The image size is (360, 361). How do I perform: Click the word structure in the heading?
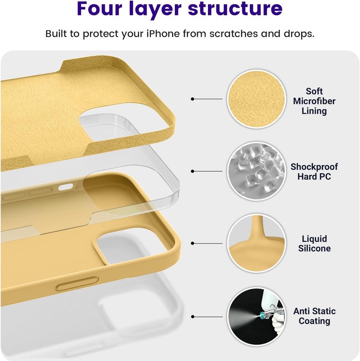click(235, 9)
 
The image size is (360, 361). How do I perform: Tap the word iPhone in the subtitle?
click(163, 34)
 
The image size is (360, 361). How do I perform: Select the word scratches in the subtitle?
click(234, 34)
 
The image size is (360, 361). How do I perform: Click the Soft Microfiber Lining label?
click(314, 101)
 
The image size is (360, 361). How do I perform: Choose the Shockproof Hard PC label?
click(314, 172)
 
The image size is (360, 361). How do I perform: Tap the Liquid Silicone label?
click(315, 243)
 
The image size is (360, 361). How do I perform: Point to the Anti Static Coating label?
click(315, 316)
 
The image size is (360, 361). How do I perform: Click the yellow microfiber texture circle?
click(256, 99)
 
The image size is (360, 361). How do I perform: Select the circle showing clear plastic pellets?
click(256, 171)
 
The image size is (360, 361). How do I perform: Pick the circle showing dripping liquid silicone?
click(256, 243)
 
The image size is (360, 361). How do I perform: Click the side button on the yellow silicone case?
click(77, 283)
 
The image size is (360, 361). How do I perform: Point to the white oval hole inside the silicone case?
click(65, 187)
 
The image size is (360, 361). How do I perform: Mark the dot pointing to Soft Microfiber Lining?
click(193, 99)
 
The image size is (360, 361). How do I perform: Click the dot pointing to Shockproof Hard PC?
click(193, 171)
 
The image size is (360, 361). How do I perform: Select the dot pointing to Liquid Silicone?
click(193, 243)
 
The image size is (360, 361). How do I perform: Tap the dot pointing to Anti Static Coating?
click(193, 317)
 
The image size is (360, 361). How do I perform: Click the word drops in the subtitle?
click(299, 34)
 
